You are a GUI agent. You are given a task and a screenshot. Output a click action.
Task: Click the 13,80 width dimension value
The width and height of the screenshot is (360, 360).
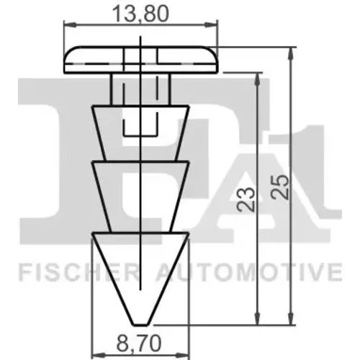140,14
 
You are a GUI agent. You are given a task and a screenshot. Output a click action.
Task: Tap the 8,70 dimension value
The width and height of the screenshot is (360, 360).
139,343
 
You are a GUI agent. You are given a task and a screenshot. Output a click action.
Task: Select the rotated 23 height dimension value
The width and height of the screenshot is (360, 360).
246,199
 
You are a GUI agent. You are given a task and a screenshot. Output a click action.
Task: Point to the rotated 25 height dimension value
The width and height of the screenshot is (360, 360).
279,188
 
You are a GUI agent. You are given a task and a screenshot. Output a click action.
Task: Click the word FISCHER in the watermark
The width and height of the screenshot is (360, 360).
78,273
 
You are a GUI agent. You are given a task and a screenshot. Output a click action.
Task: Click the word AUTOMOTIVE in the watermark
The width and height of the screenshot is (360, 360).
249,273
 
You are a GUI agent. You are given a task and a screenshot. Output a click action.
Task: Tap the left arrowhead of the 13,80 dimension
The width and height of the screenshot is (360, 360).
71,24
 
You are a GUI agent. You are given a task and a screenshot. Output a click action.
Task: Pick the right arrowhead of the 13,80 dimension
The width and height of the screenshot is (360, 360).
211,24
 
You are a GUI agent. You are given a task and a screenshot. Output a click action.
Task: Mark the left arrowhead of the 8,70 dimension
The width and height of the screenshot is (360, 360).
99,354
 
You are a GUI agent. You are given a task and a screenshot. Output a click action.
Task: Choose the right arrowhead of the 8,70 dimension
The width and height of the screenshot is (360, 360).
183,354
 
